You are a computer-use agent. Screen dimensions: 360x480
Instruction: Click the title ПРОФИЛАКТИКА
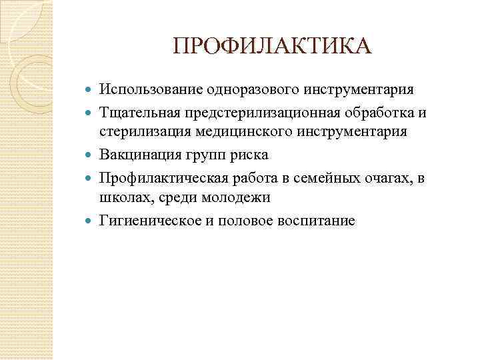pyautogui.click(x=270, y=47)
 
